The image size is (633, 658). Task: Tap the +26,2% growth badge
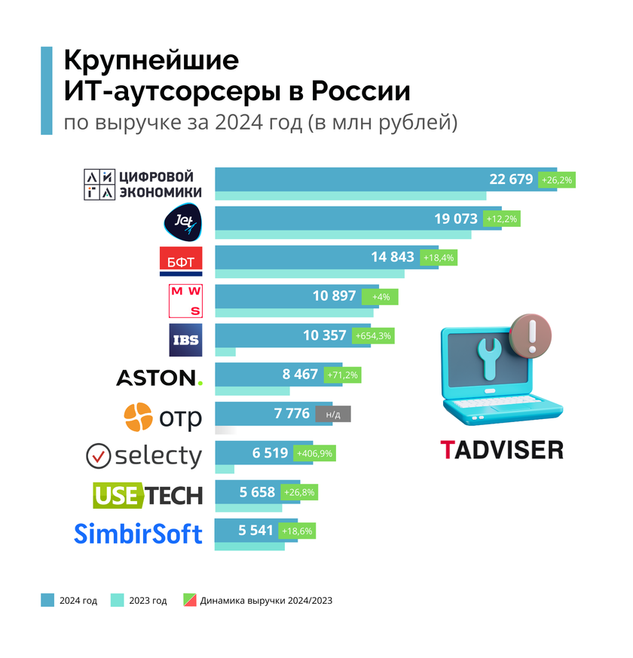click(557, 180)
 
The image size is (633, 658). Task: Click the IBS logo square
click(185, 339)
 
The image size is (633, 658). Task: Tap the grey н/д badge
click(333, 414)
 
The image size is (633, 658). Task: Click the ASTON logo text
click(159, 378)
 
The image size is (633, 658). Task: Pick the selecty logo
click(144, 455)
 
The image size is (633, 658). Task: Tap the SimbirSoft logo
click(139, 534)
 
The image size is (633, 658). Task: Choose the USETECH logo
click(148, 494)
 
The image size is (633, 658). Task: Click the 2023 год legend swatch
click(117, 601)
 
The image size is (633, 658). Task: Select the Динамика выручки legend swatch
click(188, 601)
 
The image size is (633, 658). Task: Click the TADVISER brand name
click(502, 450)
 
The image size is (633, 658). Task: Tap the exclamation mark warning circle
click(531, 333)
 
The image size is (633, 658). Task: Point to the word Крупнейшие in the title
click(151, 61)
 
